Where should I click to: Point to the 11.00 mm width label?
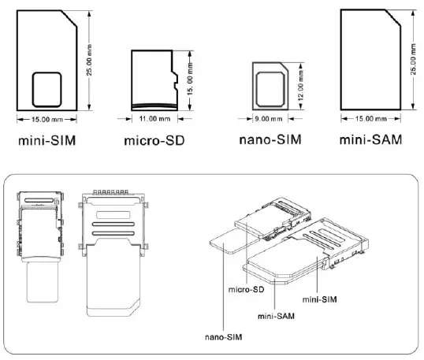154,119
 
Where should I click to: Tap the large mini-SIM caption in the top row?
46,144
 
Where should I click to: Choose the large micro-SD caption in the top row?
155,145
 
